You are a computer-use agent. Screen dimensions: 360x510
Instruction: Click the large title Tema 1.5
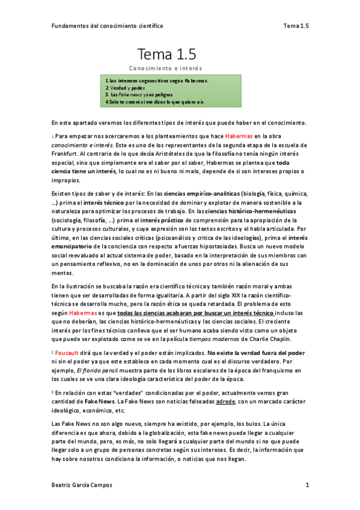pos(166,55)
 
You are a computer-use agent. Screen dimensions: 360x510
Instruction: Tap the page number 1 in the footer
pos(307,485)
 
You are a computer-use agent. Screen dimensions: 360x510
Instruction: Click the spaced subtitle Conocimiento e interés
pos(166,69)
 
